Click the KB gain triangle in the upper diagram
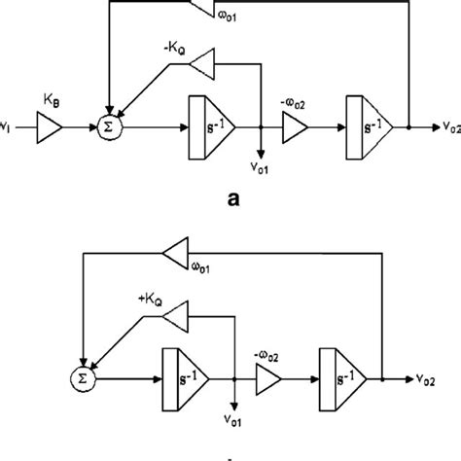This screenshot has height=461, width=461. point(48,126)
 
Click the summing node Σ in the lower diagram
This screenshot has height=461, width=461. point(86,376)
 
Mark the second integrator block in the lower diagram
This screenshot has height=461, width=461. point(347,376)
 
